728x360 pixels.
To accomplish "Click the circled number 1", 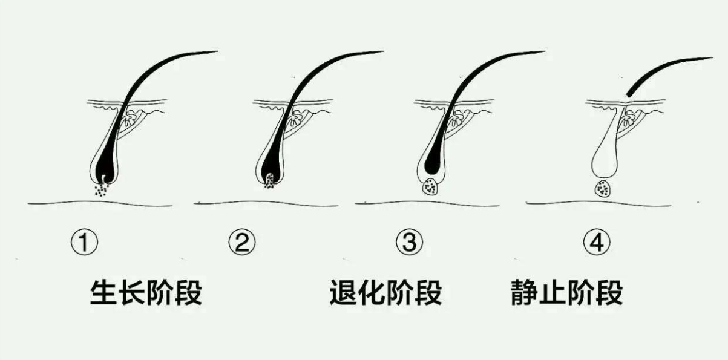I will pyautogui.click(x=84, y=243).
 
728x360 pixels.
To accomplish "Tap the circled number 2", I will pyautogui.click(x=242, y=243).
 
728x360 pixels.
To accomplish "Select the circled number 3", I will pyautogui.click(x=410, y=243).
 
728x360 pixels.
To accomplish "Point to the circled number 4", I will pyautogui.click(x=597, y=243).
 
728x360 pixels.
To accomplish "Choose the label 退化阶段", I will pyautogui.click(x=386, y=292).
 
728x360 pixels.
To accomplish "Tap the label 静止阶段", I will pyautogui.click(x=567, y=292).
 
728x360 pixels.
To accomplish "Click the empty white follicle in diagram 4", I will pyautogui.click(x=605, y=162).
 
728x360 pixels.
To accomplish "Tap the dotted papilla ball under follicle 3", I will pyautogui.click(x=430, y=188).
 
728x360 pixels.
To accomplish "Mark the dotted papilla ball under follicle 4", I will pyautogui.click(x=603, y=189).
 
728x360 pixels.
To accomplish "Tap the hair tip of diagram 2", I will pyautogui.click(x=382, y=52).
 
